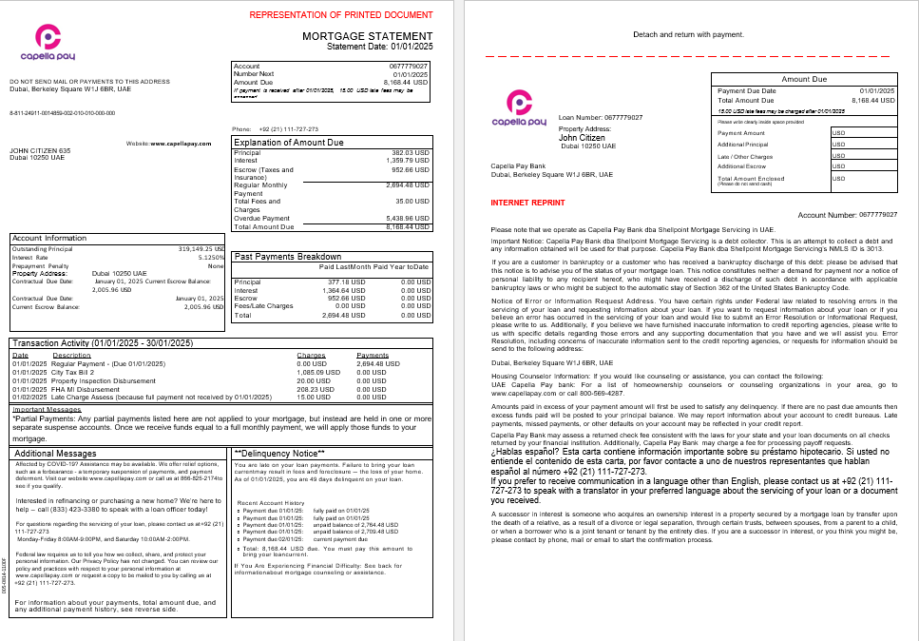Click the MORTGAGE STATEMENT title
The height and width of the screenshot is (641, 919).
(x=365, y=36)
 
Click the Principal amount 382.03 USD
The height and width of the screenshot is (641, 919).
(x=411, y=152)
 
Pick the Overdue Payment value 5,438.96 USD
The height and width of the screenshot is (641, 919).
(x=410, y=219)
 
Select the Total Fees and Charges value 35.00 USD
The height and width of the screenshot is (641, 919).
(x=413, y=201)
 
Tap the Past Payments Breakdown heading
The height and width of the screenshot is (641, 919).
(x=287, y=257)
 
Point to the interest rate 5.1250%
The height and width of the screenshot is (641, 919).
(x=210, y=258)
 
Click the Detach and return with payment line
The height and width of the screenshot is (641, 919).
(x=688, y=34)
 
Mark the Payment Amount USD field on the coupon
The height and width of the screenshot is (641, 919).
(x=860, y=132)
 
